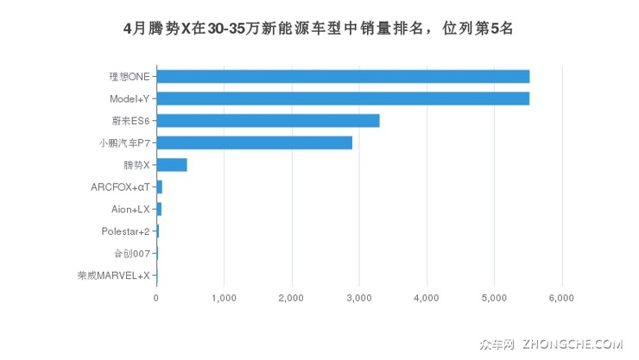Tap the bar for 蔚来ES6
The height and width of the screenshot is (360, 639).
tap(268, 121)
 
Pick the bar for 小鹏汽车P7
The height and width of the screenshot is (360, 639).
tap(255, 142)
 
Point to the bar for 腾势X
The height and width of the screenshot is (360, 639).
tap(172, 165)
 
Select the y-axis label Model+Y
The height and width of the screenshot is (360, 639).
tap(130, 98)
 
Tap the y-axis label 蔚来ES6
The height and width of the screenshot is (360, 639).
tap(130, 121)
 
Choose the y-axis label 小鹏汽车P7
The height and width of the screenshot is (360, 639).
tap(125, 142)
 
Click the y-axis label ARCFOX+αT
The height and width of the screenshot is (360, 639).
tap(120, 187)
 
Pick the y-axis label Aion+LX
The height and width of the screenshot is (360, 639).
tap(130, 209)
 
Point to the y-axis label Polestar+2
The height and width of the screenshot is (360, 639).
tap(125, 231)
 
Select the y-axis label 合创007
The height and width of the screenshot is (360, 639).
tap(132, 254)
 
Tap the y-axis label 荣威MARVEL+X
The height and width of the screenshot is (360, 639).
tap(114, 276)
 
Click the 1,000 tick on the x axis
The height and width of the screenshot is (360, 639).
tap(224, 298)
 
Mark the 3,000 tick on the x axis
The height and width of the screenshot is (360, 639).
tap(359, 298)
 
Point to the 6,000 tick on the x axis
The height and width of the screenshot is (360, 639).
tap(561, 298)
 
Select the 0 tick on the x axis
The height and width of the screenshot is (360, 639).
tap(156, 298)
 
